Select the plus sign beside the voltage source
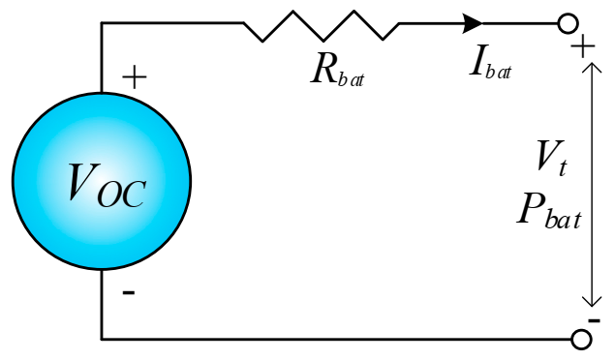click(x=135, y=78)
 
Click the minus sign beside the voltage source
click(x=129, y=291)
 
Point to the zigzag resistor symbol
click(x=321, y=25)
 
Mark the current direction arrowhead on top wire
click(x=474, y=22)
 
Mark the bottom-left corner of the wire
click(x=102, y=339)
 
